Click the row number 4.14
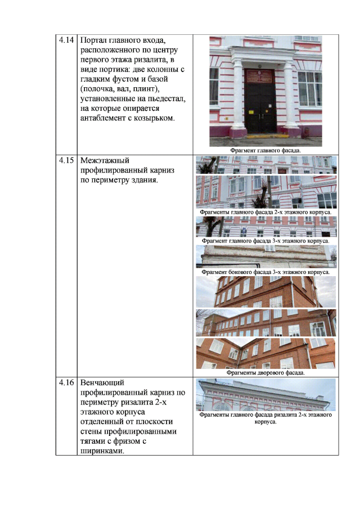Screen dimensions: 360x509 point(66,40)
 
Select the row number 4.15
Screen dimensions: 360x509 point(66,160)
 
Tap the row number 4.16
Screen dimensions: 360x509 point(66,382)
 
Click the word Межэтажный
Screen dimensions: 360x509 point(105,160)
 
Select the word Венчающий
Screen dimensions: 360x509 point(102,383)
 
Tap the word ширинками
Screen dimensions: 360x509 point(102,451)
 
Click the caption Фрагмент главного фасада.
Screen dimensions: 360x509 point(265,151)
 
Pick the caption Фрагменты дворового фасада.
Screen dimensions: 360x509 point(265,373)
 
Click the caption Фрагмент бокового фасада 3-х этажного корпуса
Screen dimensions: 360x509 point(265,272)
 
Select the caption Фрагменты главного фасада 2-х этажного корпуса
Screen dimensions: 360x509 point(265,212)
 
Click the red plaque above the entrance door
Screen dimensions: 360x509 point(260,76)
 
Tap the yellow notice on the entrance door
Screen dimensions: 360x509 point(251,112)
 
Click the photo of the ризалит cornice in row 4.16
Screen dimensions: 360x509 point(265,395)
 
